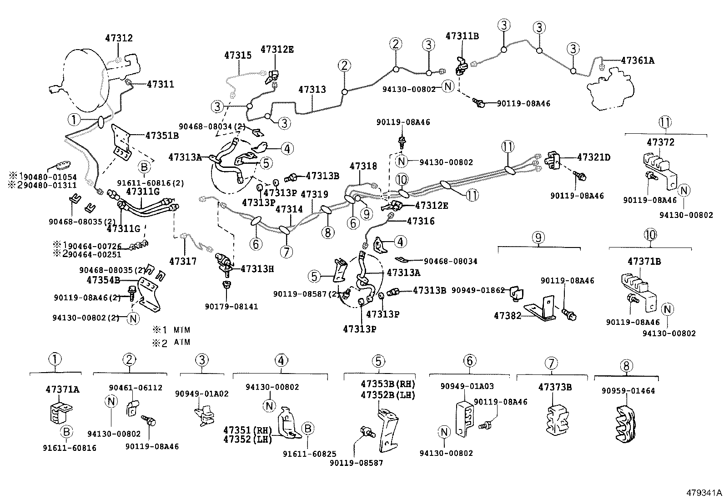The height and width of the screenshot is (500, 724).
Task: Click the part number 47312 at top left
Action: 119,38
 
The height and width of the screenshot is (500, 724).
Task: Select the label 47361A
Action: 638,60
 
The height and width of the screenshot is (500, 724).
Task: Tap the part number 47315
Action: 237,55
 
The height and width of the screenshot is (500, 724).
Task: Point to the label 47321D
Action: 593,157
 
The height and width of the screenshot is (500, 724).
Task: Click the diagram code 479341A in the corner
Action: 704,493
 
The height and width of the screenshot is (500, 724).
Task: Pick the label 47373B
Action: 555,387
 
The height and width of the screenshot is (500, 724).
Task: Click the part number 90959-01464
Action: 628,391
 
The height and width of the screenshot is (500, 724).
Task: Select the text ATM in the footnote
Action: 182,342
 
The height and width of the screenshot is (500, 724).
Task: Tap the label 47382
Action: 507,315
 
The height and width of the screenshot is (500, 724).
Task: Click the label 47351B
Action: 162,135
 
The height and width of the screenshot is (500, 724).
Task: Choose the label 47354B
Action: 103,279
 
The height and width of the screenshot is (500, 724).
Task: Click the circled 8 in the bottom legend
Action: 626,365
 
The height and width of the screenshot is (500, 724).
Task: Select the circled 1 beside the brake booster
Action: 73,120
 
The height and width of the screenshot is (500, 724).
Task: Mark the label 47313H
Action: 257,269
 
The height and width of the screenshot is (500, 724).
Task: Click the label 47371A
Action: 62,389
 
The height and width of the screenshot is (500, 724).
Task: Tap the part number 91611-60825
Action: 309,454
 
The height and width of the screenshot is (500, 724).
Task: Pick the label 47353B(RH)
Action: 388,384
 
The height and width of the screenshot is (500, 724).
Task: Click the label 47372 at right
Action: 660,142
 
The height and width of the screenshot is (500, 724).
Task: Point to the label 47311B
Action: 462,36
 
